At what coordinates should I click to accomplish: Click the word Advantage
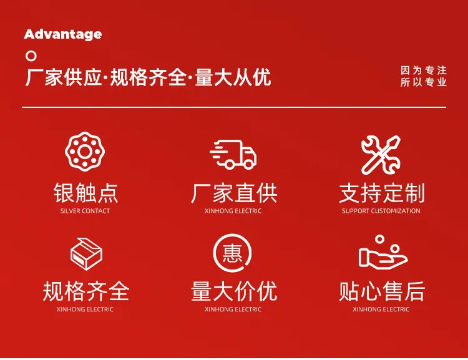62,34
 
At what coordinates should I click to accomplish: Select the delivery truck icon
233,155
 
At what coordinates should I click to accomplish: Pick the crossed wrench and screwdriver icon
381,155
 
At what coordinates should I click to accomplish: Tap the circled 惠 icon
232,253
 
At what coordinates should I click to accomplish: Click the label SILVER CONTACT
85,211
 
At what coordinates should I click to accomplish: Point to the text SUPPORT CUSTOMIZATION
381,211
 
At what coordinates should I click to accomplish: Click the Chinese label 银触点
85,193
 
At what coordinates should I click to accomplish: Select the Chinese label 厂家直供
234,193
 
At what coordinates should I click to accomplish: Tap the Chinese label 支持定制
382,193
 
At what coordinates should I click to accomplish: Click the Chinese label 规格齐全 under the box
86,291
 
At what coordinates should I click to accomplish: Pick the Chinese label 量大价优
234,291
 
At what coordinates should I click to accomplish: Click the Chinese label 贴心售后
382,291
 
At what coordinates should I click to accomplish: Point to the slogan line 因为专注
424,71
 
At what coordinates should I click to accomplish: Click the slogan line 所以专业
424,82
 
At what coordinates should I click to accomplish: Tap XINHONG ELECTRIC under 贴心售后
381,309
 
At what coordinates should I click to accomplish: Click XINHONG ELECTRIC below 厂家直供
233,211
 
